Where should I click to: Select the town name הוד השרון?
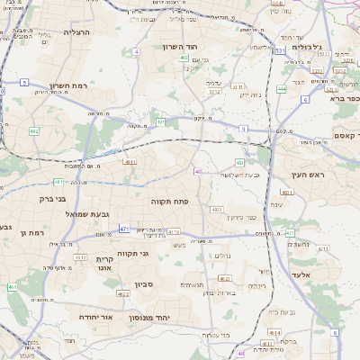[186, 46]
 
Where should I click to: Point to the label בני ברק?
[54, 199]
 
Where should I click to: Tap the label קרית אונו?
[103, 263]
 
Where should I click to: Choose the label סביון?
[146, 285]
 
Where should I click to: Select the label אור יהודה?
[94, 318]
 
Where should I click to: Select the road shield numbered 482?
[34, 131]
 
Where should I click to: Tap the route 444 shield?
[282, 89]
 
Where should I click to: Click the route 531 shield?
[279, 51]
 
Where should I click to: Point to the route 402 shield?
[184, 58]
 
